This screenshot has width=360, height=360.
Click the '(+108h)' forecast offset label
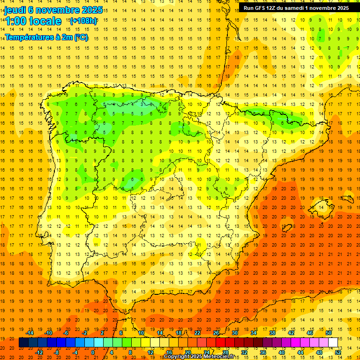(x=83, y=21)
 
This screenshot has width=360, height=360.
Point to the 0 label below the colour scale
(x=93, y=352)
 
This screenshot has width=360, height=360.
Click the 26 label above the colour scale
(x=216, y=333)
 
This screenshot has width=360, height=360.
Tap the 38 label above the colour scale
(x=272, y=333)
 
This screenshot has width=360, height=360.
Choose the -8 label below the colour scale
(x=57, y=352)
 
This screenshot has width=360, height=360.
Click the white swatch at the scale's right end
(x=333, y=343)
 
